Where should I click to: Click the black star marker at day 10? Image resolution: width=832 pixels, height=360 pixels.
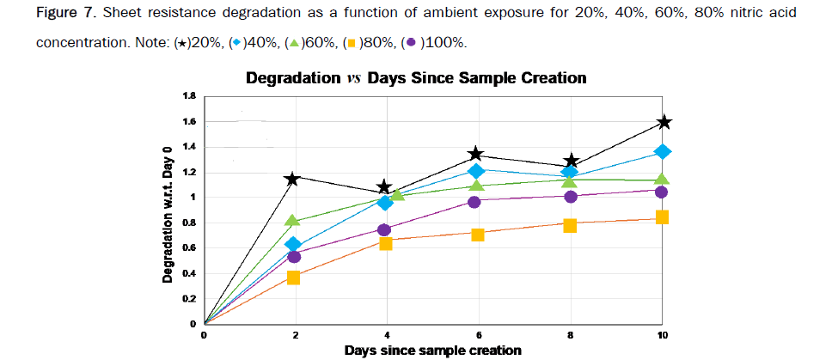pyautogui.click(x=663, y=123)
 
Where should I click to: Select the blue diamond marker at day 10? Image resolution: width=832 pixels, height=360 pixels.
pyautogui.click(x=663, y=152)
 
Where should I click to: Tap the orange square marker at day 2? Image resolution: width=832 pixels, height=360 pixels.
pyautogui.click(x=293, y=278)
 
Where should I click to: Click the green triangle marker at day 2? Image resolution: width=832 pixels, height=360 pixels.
pyautogui.click(x=293, y=222)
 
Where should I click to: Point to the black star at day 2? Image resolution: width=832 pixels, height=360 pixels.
pyautogui.click(x=293, y=179)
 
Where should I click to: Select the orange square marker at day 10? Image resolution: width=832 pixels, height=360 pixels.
pyautogui.click(x=663, y=217)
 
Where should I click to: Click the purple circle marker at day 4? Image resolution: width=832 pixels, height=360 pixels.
pyautogui.click(x=384, y=229)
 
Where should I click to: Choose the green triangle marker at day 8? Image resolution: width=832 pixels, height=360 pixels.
pyautogui.click(x=570, y=180)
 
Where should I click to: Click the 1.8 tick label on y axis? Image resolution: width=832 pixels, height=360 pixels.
pyautogui.click(x=188, y=95)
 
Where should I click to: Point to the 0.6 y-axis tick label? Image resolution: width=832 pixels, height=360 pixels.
pyautogui.click(x=188, y=248)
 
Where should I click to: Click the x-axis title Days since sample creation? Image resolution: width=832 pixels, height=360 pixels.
pyautogui.click(x=434, y=351)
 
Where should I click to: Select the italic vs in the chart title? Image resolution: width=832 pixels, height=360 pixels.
pyautogui.click(x=352, y=78)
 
